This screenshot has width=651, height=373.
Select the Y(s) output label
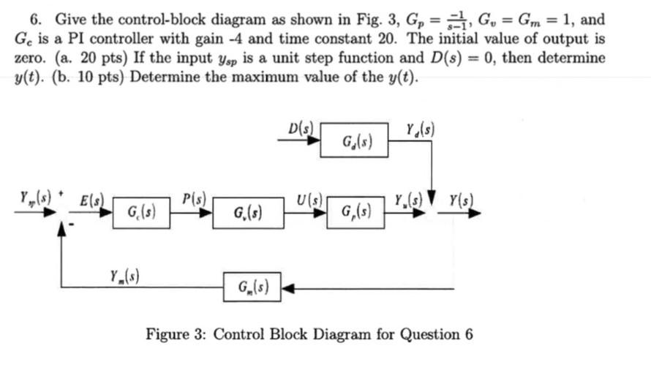tap(460, 197)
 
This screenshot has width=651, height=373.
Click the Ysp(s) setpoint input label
tap(31, 197)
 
